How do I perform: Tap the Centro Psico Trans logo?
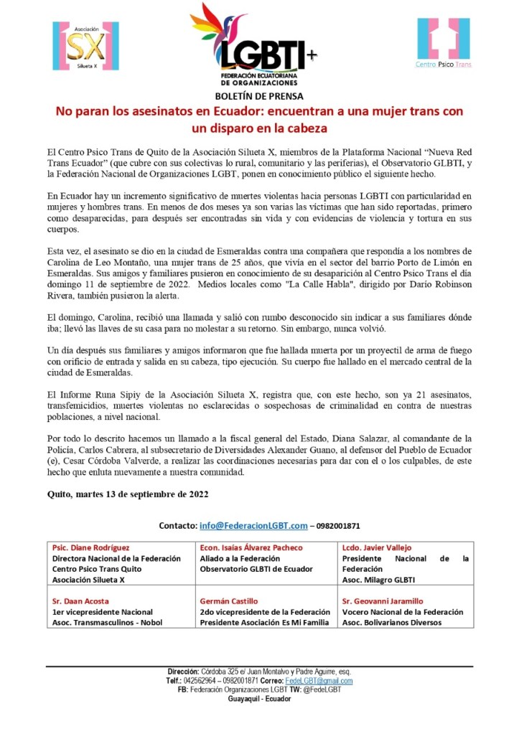click(x=443, y=43)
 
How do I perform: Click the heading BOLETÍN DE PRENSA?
click(x=259, y=96)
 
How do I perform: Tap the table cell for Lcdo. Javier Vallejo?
click(x=406, y=563)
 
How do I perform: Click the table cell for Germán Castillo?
click(x=267, y=611)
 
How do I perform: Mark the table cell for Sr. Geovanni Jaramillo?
click(x=406, y=611)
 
